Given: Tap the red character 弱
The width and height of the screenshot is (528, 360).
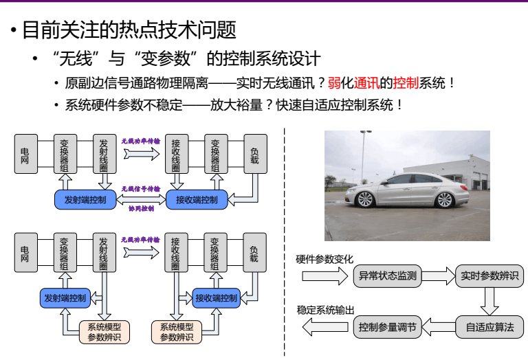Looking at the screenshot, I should click(334, 84).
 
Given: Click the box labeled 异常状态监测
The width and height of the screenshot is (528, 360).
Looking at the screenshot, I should click(388, 276).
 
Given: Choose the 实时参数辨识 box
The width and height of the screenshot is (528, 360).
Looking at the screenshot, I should click(489, 276).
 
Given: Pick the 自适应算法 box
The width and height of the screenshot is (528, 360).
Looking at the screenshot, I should click(489, 327).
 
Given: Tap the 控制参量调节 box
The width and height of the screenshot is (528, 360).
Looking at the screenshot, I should click(388, 327).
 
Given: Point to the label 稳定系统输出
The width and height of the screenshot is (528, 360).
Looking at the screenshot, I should click(326, 311).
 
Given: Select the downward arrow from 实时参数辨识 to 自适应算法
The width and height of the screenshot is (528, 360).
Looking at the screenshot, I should click(489, 301).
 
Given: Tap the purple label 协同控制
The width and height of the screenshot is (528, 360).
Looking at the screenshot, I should click(141, 208).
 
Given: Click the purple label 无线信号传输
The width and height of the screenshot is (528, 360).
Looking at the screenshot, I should click(141, 188).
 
